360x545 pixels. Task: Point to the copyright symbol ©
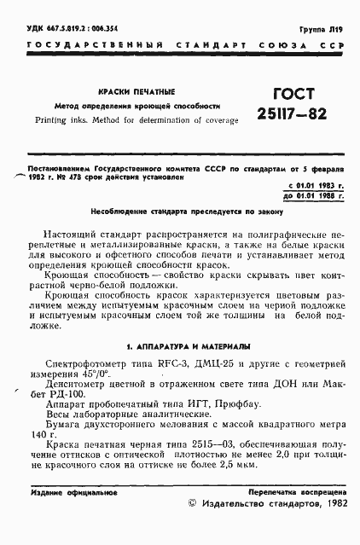pyautogui.click(x=190, y=506)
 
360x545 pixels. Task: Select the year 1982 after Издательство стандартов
pyautogui.click(x=331, y=506)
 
